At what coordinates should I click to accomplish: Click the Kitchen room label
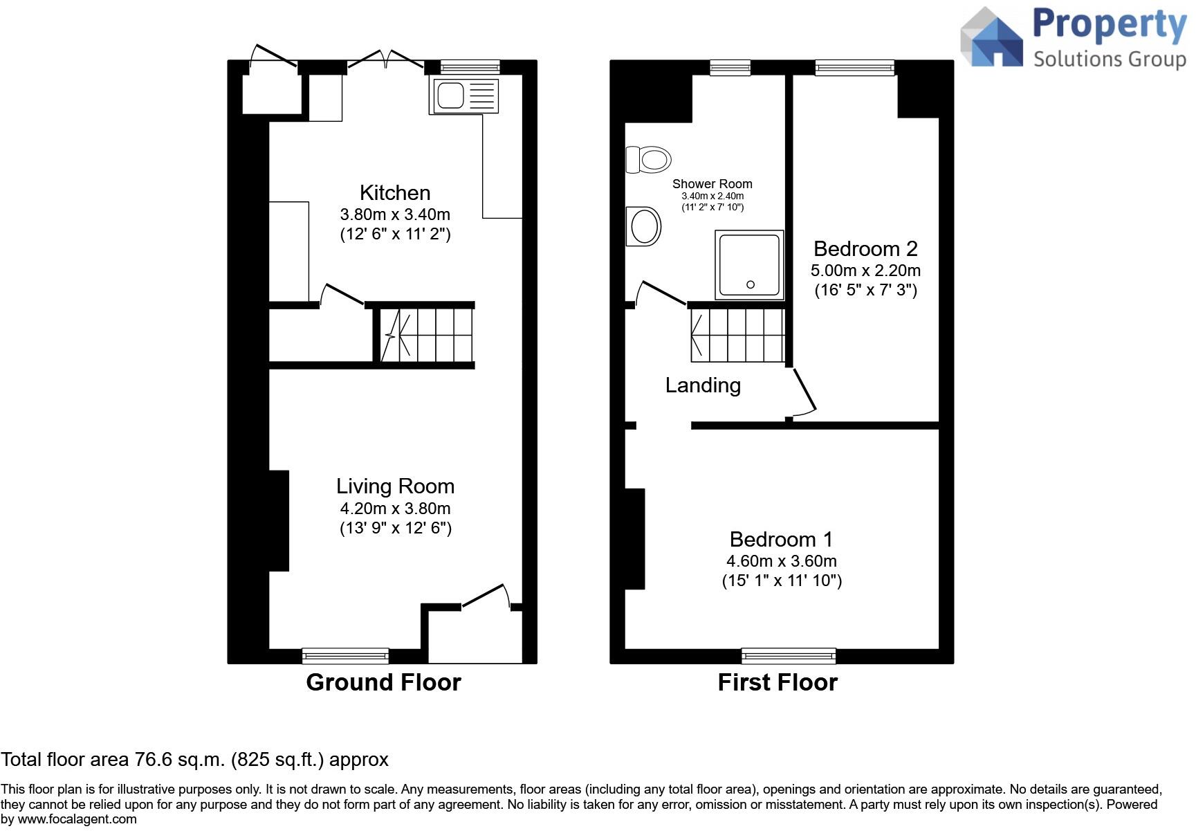click(x=394, y=193)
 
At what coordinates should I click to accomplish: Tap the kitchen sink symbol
click(x=463, y=95)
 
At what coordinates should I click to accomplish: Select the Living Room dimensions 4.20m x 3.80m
click(x=395, y=509)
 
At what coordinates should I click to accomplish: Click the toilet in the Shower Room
click(x=648, y=160)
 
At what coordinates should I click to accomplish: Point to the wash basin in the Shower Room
click(x=644, y=226)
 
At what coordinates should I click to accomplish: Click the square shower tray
click(x=750, y=265)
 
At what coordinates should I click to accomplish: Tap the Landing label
click(x=703, y=385)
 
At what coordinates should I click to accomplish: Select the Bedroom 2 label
click(x=865, y=248)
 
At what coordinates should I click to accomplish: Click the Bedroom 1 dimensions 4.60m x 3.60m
click(x=781, y=561)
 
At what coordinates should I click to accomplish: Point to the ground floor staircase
click(x=425, y=335)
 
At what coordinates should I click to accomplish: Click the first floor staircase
click(x=737, y=335)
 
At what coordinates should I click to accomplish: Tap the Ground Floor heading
click(x=383, y=683)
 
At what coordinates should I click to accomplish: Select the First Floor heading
click(x=778, y=683)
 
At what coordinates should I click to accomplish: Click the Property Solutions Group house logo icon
click(x=992, y=38)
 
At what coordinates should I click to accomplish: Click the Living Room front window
click(x=345, y=655)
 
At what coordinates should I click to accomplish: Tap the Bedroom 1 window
click(x=788, y=655)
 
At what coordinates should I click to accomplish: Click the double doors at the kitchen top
click(x=385, y=60)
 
